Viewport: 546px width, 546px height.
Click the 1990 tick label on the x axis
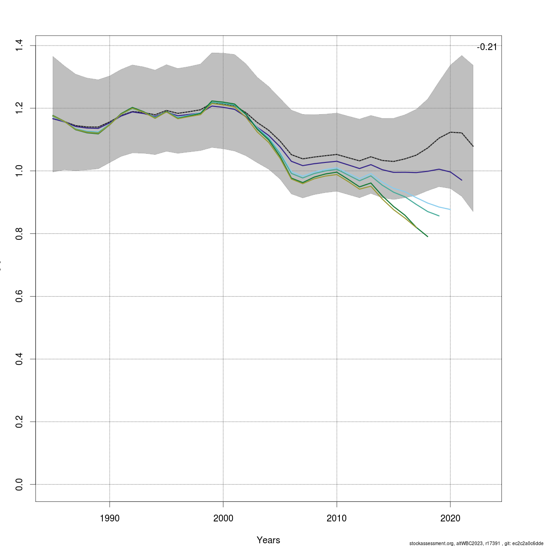pos(110,518)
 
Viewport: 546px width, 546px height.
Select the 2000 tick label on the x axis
pos(223,518)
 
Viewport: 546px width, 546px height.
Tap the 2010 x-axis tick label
pos(337,518)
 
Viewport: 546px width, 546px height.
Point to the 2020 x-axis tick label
pos(450,518)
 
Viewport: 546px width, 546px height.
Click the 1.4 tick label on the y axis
pos(19,45)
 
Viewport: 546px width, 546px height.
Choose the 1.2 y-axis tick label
pos(19,108)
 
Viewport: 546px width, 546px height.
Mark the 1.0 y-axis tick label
pos(19,171)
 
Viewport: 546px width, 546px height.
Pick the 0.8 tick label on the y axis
pos(19,234)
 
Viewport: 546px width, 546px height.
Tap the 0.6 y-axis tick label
pos(19,297)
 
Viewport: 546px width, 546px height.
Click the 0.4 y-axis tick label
pos(19,359)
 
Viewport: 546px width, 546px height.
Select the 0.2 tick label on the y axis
pos(19,422)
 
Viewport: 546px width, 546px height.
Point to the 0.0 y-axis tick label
pos(19,485)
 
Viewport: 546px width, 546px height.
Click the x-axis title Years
pos(268,540)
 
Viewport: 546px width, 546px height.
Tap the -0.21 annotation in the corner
pos(487,47)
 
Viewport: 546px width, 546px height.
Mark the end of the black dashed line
pos(473,146)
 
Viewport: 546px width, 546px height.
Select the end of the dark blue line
pos(462,180)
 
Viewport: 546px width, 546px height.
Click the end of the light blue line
pos(450,209)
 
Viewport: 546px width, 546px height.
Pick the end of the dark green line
pos(428,237)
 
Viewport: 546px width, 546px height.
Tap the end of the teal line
pos(439,216)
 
